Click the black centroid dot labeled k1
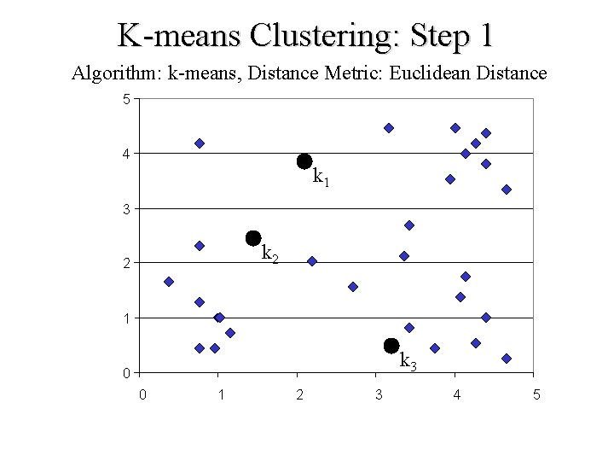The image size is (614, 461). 304,160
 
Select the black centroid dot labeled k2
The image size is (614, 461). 252,237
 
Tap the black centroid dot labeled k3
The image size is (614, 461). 391,345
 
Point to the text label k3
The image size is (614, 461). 408,362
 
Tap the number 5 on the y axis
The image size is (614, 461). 126,99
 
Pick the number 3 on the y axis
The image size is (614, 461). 126,209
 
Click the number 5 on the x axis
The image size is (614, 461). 536,394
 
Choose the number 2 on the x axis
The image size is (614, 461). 299,394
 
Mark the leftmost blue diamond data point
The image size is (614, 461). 169,282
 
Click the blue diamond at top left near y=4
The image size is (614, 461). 200,143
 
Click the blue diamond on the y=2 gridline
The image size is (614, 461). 312,261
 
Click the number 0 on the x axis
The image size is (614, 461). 142,394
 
